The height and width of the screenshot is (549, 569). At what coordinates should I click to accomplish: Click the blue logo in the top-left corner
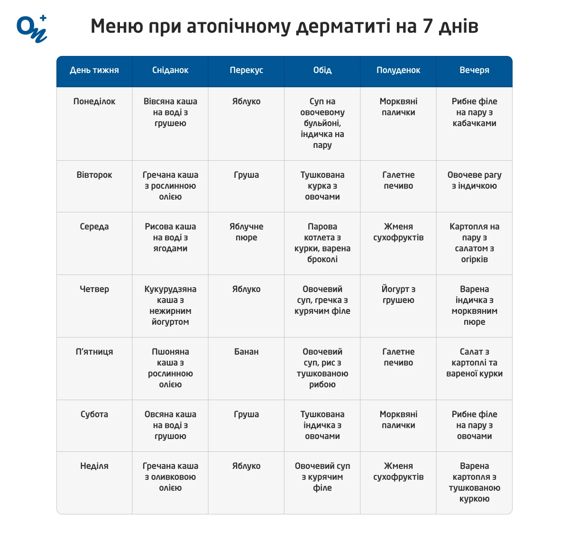[32, 29]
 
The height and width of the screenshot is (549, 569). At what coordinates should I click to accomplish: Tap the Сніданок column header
[170, 70]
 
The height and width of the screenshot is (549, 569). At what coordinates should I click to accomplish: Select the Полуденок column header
[398, 70]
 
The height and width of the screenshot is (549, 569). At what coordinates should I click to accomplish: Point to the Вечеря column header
[474, 70]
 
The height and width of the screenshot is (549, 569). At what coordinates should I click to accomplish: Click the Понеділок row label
[94, 101]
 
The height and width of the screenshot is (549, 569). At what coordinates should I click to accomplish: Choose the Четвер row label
[94, 289]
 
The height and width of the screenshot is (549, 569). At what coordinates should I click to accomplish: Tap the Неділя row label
[94, 466]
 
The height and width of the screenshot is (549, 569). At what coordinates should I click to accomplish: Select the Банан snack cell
[247, 352]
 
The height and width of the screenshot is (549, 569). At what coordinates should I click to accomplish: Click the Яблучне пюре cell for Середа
[247, 232]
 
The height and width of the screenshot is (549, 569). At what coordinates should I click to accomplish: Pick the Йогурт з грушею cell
[398, 295]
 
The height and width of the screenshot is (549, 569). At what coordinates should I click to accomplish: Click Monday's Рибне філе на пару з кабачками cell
[474, 112]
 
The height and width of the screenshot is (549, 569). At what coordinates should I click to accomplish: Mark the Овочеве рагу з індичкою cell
[474, 181]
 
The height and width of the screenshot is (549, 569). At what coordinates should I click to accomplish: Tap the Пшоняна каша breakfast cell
[170, 368]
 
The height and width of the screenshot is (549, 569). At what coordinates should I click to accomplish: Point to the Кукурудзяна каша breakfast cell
[170, 305]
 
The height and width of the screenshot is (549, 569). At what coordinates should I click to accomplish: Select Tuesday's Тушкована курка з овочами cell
[322, 186]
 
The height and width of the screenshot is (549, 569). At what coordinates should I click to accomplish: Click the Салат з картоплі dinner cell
[474, 363]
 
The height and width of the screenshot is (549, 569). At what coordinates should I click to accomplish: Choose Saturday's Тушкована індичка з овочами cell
[322, 425]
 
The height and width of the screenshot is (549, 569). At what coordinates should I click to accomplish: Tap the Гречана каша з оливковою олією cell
[170, 477]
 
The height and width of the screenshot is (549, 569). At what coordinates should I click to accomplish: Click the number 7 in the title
[428, 26]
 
